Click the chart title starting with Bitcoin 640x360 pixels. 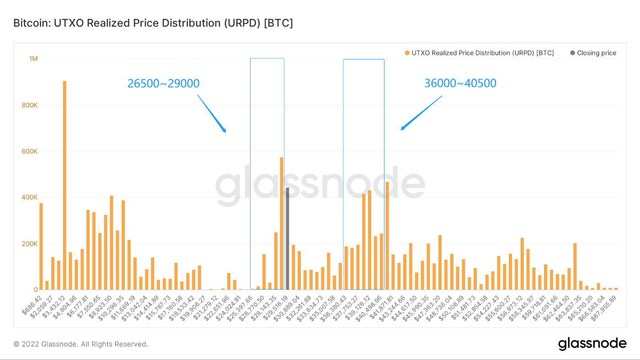[153, 23]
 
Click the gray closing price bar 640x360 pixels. [287, 238]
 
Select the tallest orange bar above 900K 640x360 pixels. [64, 183]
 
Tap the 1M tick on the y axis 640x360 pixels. [33, 59]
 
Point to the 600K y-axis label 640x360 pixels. [30, 151]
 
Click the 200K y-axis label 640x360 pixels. [30, 244]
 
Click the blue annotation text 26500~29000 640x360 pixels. [163, 83]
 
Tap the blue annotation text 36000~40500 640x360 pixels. [460, 83]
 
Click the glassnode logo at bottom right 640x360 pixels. [592, 344]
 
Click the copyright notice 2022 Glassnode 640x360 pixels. [80, 344]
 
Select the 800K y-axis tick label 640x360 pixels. [30, 105]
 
